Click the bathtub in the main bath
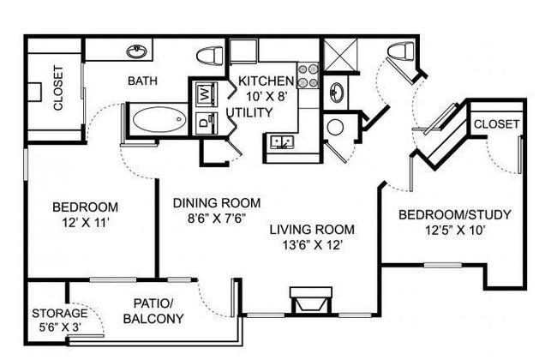click(159, 120)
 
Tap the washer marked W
click(205, 93)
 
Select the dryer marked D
click(205, 123)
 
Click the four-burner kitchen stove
click(308, 76)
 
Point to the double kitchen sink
click(282, 142)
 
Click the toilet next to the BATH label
click(210, 57)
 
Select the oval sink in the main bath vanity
click(137, 52)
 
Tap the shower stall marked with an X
click(341, 55)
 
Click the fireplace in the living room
click(311, 301)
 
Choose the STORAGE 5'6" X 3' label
click(60, 320)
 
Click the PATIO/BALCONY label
click(153, 311)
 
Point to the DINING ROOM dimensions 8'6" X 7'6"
click(217, 218)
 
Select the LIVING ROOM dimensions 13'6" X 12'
click(312, 245)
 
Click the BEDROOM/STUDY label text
click(455, 214)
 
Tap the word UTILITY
click(249, 112)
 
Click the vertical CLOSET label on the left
click(58, 87)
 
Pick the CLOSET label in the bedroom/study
click(496, 124)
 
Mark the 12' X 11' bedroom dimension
click(85, 223)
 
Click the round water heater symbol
click(335, 127)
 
